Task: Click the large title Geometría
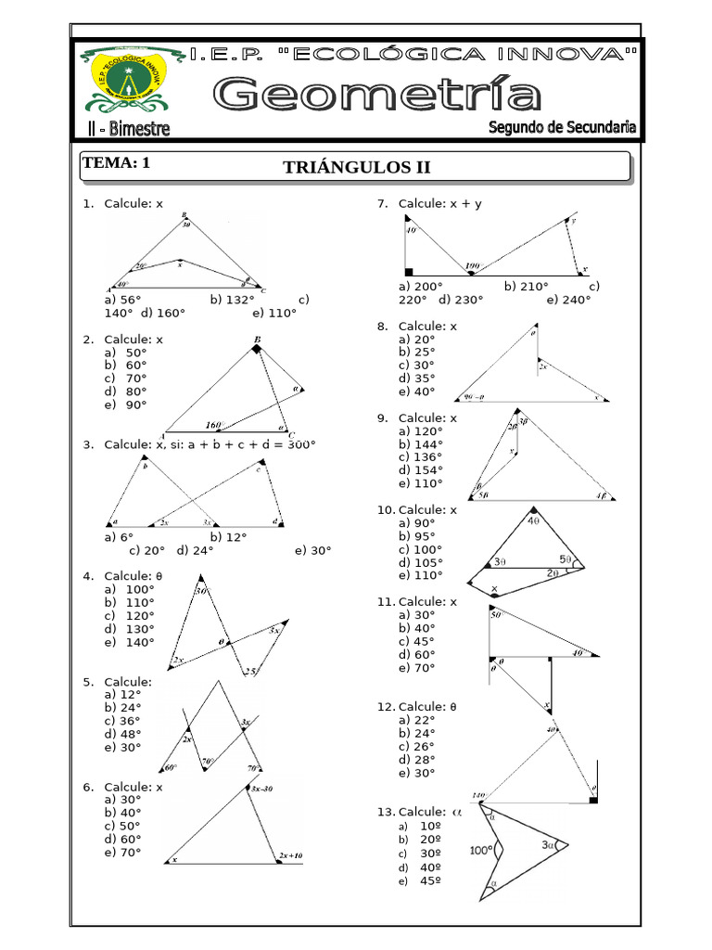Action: click(x=378, y=95)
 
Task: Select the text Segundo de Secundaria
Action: click(x=568, y=127)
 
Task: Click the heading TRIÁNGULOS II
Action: click(x=357, y=167)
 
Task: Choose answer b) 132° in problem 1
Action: click(x=232, y=300)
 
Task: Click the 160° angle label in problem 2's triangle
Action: click(x=216, y=425)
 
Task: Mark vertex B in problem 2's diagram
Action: click(x=257, y=340)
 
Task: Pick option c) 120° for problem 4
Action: click(x=130, y=615)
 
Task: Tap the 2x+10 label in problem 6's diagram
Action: click(x=289, y=854)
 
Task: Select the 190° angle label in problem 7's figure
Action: click(x=474, y=266)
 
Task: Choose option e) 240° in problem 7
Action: click(x=568, y=300)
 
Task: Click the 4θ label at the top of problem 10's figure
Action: click(x=534, y=520)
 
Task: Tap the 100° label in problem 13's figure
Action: click(x=480, y=849)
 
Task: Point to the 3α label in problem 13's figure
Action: click(x=549, y=844)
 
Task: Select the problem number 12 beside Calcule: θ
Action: click(x=385, y=707)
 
